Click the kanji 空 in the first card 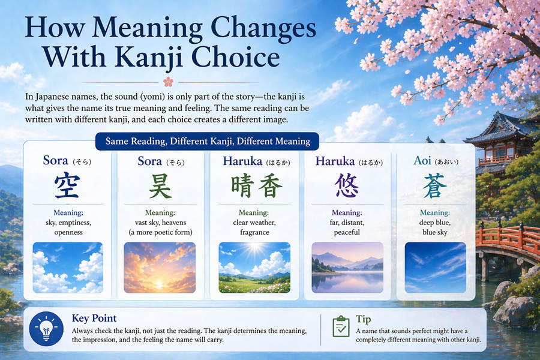(x=67, y=187)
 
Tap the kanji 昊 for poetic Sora (x=160, y=187)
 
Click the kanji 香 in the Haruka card (x=270, y=187)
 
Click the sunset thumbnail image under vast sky (x=160, y=267)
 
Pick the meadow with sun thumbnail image (x=254, y=267)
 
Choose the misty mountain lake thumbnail (x=347, y=267)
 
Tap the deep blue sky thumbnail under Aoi (x=435, y=267)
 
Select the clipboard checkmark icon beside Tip (x=341, y=326)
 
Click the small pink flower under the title (x=168, y=82)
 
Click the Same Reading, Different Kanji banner (x=208, y=142)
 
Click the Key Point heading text (x=94, y=318)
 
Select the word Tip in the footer (x=364, y=319)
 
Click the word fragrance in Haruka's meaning (x=254, y=232)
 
